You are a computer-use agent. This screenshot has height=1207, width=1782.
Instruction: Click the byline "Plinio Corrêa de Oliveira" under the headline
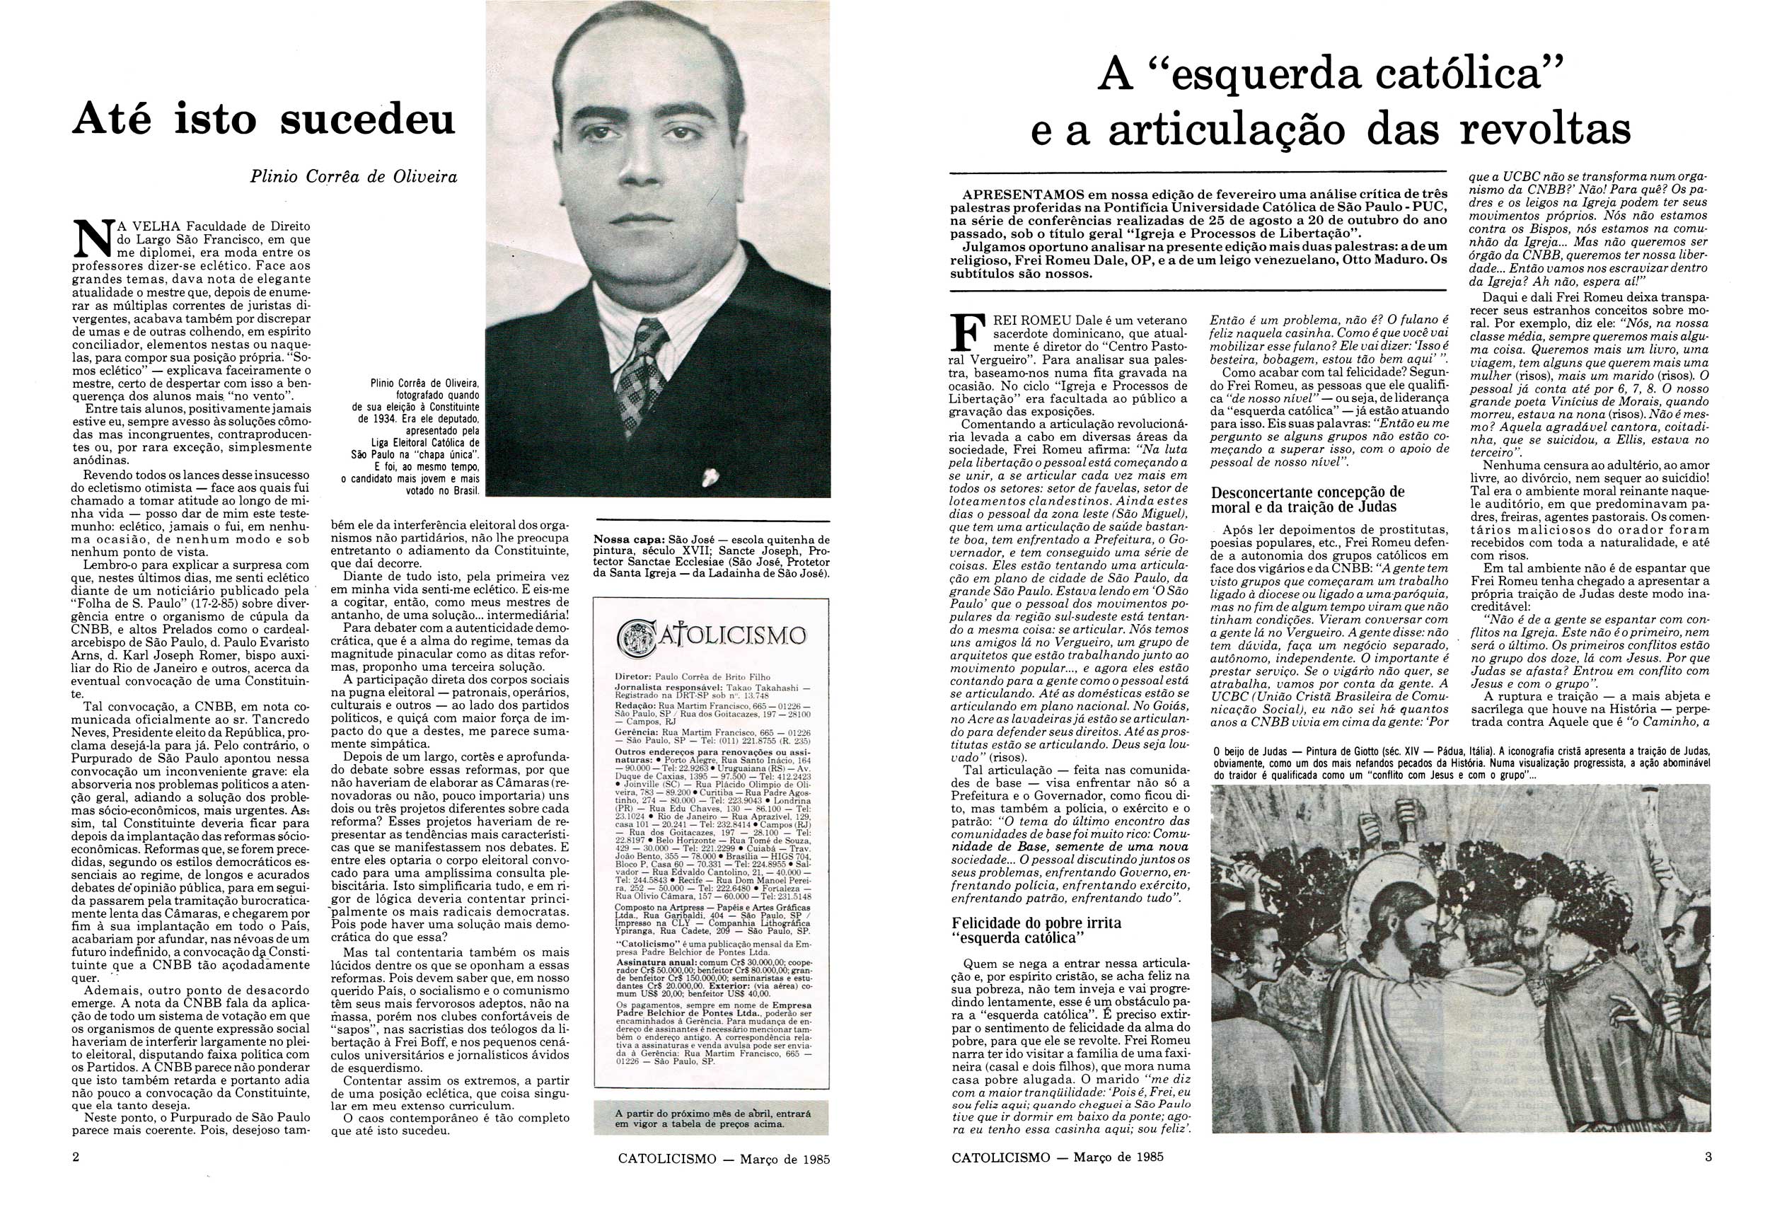(x=354, y=177)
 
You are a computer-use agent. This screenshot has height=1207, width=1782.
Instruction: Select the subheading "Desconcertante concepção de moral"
(x=1307, y=499)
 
